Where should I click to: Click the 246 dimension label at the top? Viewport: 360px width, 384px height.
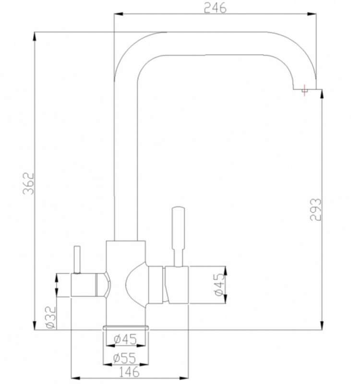(215, 8)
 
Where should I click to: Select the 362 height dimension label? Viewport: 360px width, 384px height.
(28, 183)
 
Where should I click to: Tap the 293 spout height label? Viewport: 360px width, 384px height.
(315, 210)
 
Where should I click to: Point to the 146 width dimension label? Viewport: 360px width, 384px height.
(129, 372)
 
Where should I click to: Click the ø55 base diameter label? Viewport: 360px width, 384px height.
(124, 358)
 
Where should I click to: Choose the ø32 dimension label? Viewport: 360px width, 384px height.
(51, 317)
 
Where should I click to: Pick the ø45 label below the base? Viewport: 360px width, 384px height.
(125, 339)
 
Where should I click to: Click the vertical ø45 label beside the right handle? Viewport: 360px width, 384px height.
(219, 285)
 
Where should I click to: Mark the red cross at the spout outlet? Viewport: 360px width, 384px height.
(304, 90)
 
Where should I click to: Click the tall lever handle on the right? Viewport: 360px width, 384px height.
(178, 237)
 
